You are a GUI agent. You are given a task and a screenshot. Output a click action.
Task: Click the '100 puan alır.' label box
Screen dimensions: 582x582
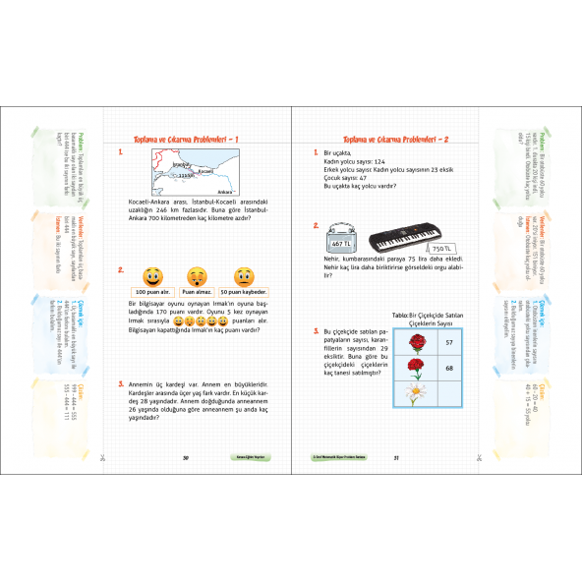[152, 292]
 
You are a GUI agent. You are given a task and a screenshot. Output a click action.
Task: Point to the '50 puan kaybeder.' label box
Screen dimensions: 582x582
[243, 292]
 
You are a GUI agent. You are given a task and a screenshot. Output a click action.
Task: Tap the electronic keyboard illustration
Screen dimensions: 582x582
[407, 241]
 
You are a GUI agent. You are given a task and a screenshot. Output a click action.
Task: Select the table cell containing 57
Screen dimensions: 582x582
[448, 342]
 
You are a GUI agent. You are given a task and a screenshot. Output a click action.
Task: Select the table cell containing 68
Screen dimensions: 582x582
[448, 368]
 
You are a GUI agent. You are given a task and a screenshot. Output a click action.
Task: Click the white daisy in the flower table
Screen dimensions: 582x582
[417, 393]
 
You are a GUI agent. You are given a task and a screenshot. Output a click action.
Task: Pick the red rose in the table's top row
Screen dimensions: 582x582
[417, 343]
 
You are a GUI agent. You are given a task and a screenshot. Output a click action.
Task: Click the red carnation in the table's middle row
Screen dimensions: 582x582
[417, 368]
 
